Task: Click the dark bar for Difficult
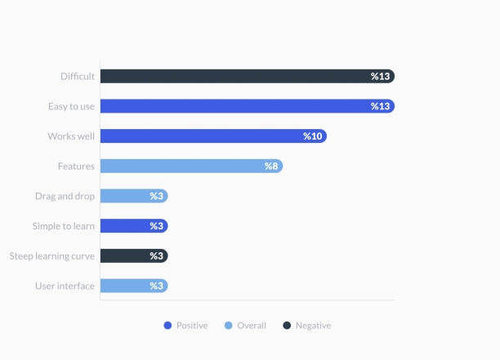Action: tap(245, 76)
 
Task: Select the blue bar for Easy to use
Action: tap(245, 106)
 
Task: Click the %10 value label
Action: tap(313, 136)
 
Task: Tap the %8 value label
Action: tap(271, 166)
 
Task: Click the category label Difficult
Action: tap(78, 76)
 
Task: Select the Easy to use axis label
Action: tap(71, 106)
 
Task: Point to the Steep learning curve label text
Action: tap(52, 256)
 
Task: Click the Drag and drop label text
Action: tap(65, 196)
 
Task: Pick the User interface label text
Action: tap(65, 286)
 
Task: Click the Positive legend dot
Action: tap(167, 326)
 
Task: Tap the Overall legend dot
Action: tap(228, 326)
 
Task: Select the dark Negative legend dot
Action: tap(287, 326)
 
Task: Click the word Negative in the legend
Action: tap(313, 326)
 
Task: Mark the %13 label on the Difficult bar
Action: tap(380, 76)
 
